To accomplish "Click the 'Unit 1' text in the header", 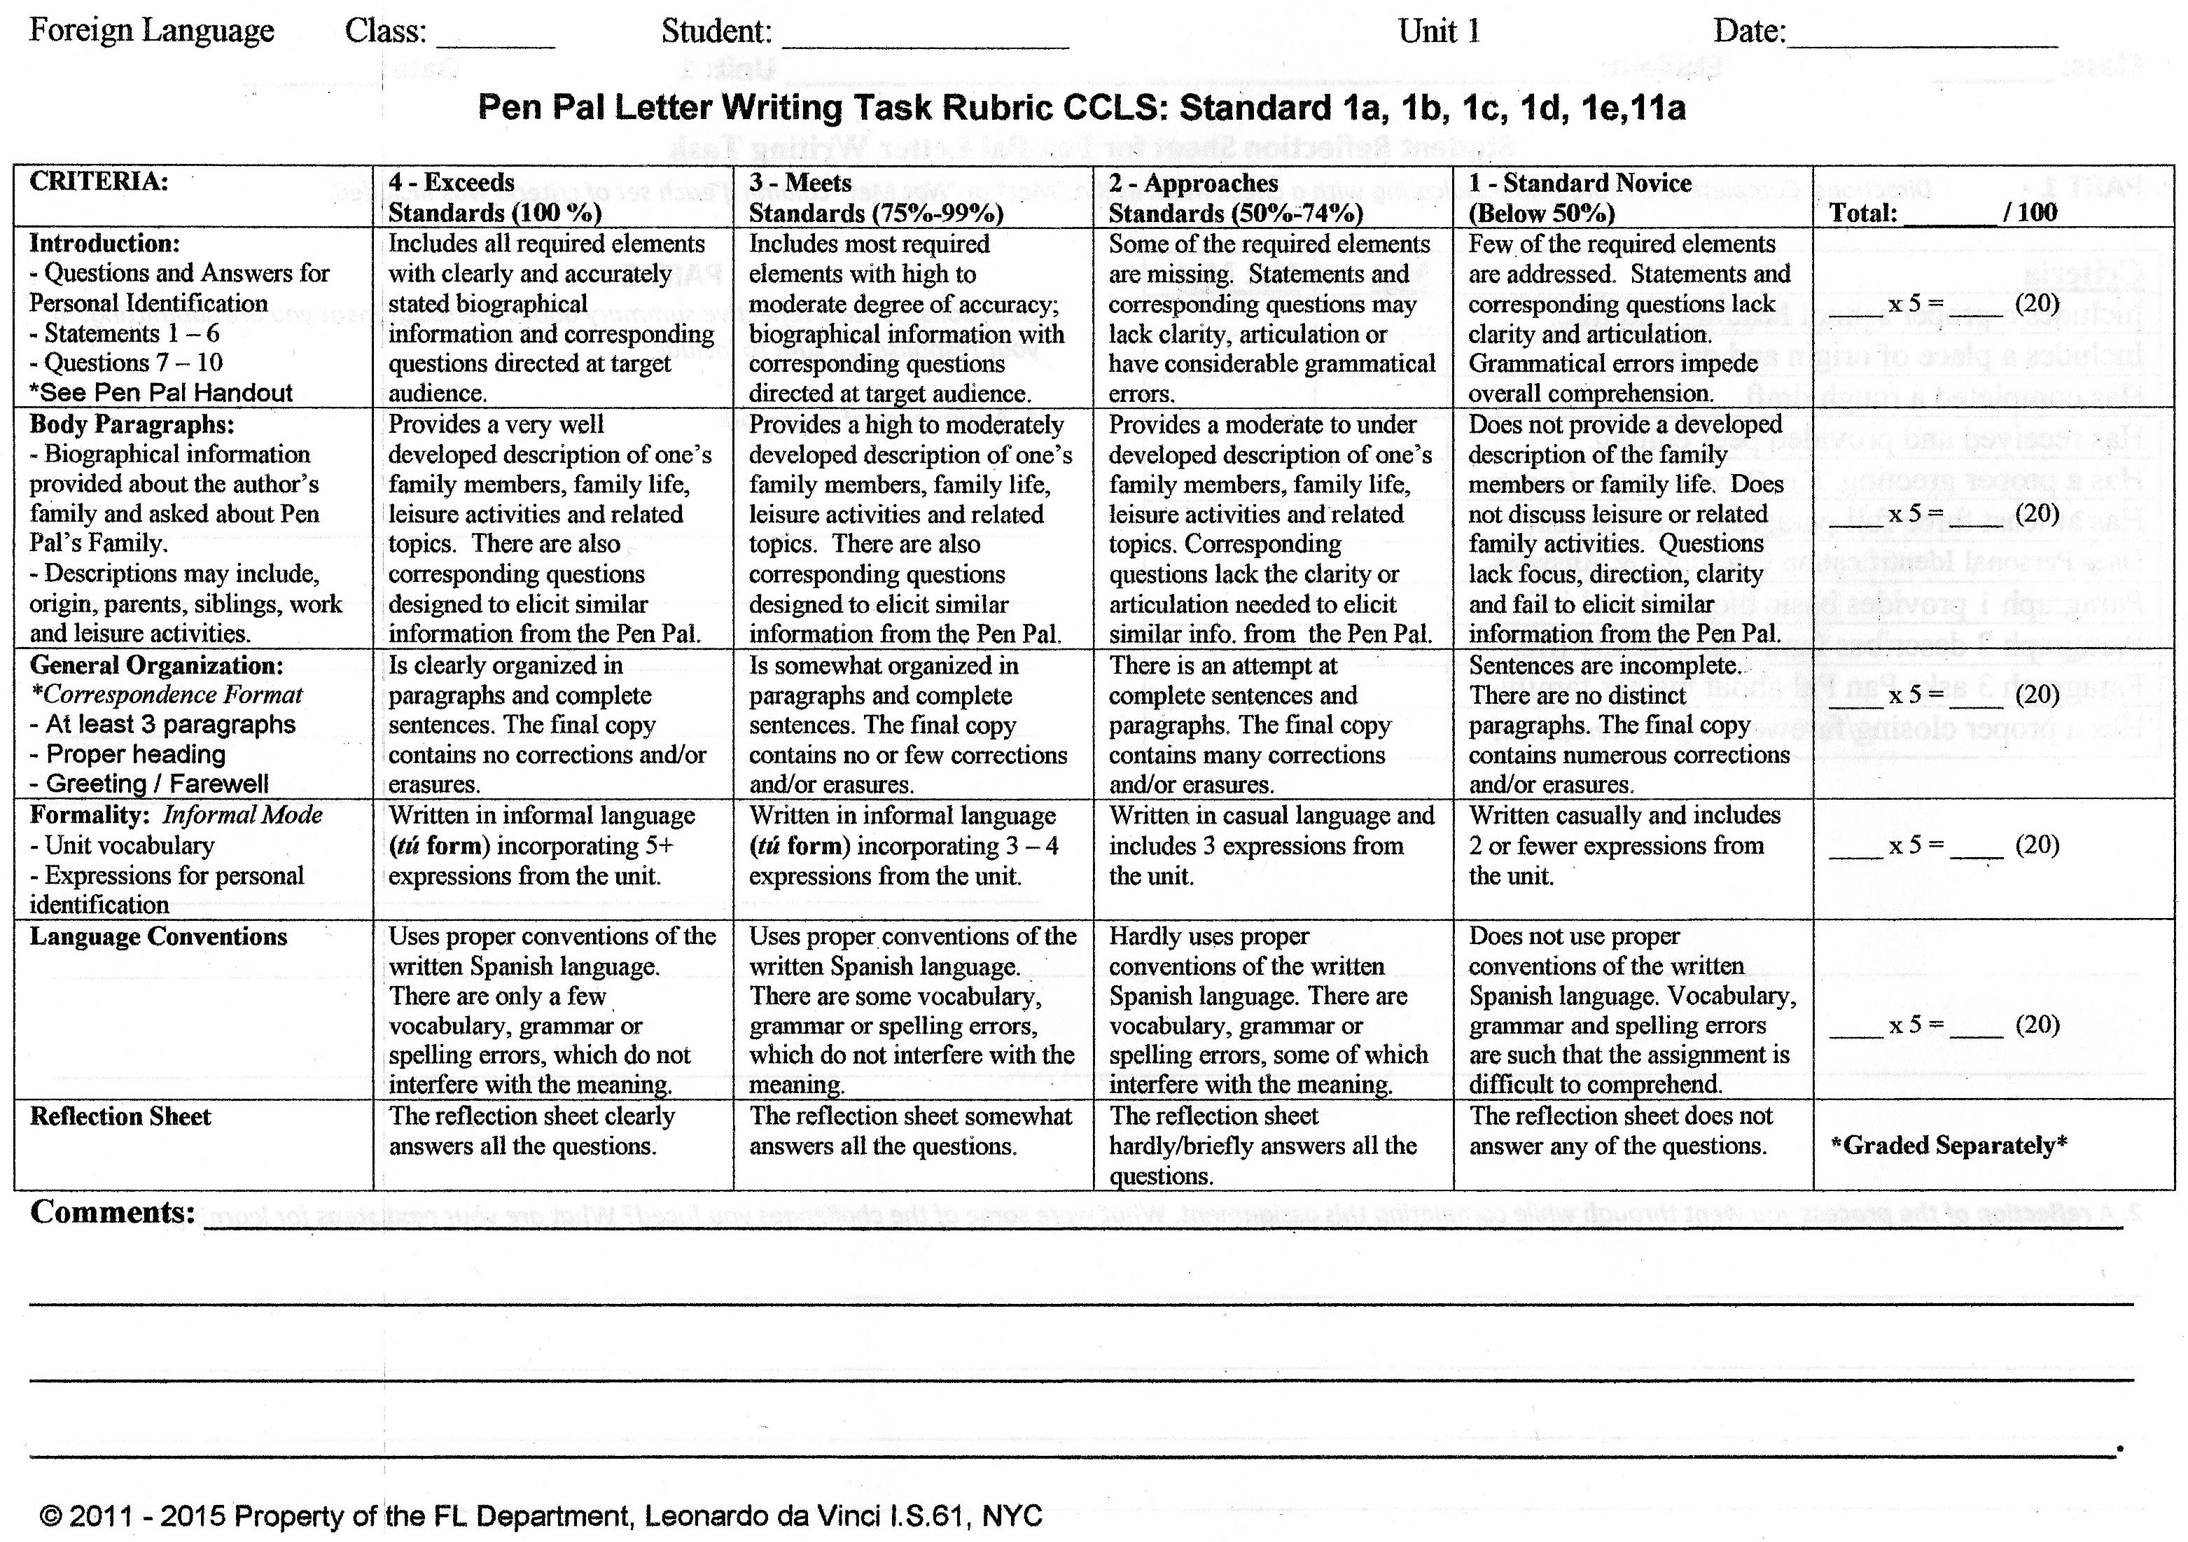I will pos(1439,32).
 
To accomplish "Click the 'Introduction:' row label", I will pos(105,243).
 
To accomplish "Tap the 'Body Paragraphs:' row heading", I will pos(132,424).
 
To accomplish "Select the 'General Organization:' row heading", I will pos(156,665).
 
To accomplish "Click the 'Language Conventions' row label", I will pos(158,937).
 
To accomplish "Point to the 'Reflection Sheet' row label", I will pos(120,1116).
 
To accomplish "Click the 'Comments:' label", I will pos(113,1212).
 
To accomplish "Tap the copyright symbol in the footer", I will pos(51,1516).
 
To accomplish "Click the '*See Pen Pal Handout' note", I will pos(161,393).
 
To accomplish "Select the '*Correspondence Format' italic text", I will pos(167,695).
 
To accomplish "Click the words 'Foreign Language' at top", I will pos(151,32).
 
